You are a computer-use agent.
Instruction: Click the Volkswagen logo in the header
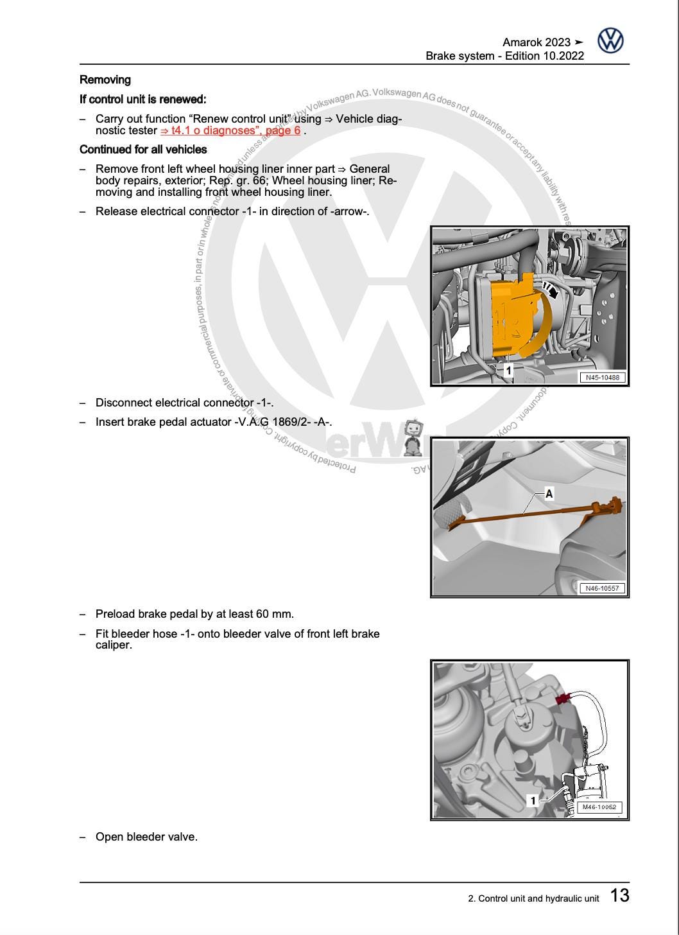tap(610, 40)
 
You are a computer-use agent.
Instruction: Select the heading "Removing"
tap(105, 80)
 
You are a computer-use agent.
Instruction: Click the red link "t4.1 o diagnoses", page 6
tap(230, 130)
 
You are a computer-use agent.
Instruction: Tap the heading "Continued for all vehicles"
tap(143, 150)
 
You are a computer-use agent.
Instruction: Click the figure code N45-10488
tap(603, 378)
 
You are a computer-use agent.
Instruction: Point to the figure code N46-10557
tap(603, 588)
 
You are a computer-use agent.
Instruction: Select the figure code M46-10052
tap(599, 807)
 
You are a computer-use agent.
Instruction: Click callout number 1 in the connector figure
tap(508, 371)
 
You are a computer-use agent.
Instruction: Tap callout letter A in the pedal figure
tap(549, 493)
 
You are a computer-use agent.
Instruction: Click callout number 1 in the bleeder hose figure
tap(533, 800)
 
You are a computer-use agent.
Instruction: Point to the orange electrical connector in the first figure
tap(513, 315)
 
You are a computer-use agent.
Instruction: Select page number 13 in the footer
tap(619, 896)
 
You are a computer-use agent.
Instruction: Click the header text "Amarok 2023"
tap(537, 42)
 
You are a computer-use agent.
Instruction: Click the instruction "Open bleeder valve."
tap(146, 837)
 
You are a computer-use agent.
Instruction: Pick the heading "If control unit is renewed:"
tap(142, 100)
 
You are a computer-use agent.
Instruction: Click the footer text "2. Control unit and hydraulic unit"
tap(533, 898)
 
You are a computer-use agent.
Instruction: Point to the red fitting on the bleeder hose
tap(563, 699)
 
